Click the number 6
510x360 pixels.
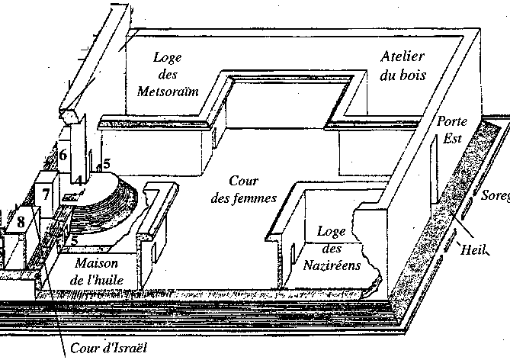pos(63,155)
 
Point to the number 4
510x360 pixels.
pos(78,180)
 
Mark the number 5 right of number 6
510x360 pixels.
pos(107,162)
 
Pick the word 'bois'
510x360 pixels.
pos(415,75)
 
